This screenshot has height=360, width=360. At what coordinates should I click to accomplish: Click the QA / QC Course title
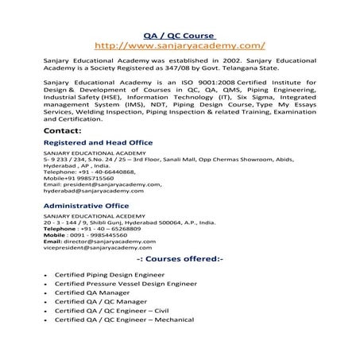point(180,37)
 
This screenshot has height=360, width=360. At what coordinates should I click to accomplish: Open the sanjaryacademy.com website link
point(180,47)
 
